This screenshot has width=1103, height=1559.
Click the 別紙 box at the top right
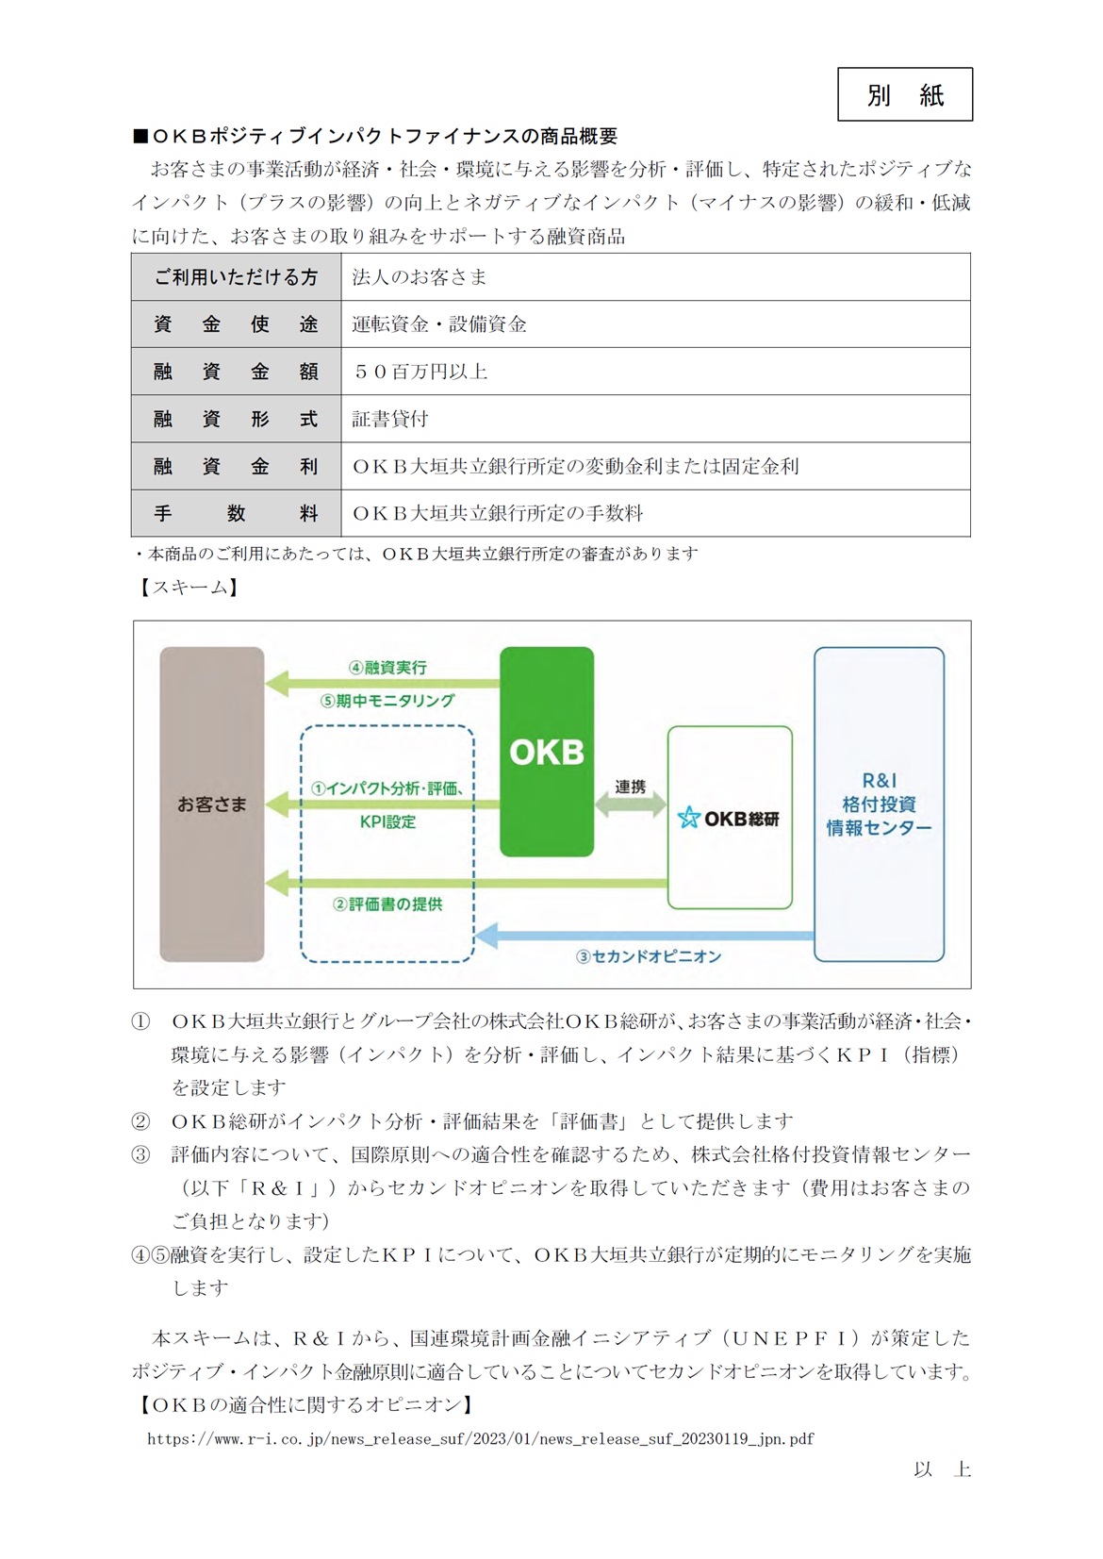[x=904, y=94]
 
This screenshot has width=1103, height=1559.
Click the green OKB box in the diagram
[x=546, y=752]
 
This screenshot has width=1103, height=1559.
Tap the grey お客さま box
[x=211, y=804]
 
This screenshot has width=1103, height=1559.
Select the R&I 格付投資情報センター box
[x=879, y=804]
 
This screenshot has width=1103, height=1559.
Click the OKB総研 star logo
[x=688, y=818]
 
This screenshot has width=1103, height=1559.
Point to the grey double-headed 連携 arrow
[x=630, y=808]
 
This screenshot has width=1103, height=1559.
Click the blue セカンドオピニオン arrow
[x=646, y=936]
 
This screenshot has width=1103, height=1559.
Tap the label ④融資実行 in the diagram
[x=387, y=667]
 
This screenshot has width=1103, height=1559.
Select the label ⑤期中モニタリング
[x=387, y=701]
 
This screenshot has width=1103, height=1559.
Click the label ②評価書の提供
[x=387, y=904]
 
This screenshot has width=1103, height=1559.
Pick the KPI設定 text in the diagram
[x=387, y=821]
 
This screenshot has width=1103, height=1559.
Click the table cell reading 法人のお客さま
[x=420, y=277]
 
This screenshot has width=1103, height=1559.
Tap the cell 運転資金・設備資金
[x=439, y=324]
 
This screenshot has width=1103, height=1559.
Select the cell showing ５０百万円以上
[x=420, y=372]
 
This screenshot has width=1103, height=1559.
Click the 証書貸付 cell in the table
[x=390, y=419]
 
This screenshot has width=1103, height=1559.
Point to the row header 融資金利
[x=236, y=466]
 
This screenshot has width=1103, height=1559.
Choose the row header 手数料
[x=236, y=513]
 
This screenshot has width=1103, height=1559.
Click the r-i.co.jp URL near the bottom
[x=481, y=1438]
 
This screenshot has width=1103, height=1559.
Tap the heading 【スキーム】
[x=187, y=587]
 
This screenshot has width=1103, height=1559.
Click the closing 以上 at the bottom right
[x=941, y=1469]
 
